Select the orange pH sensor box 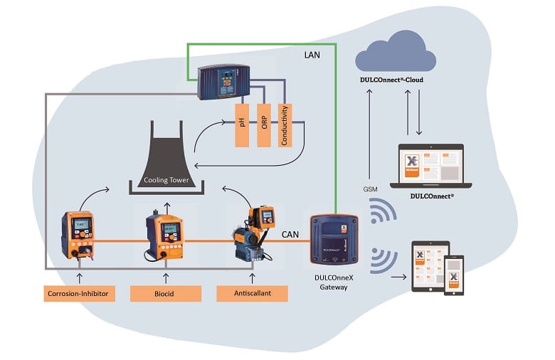243,125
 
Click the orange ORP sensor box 263,125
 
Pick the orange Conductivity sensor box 285,125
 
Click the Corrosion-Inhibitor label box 79,292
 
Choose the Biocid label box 166,292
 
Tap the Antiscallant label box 253,292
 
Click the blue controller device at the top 223,82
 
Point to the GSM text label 370,189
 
